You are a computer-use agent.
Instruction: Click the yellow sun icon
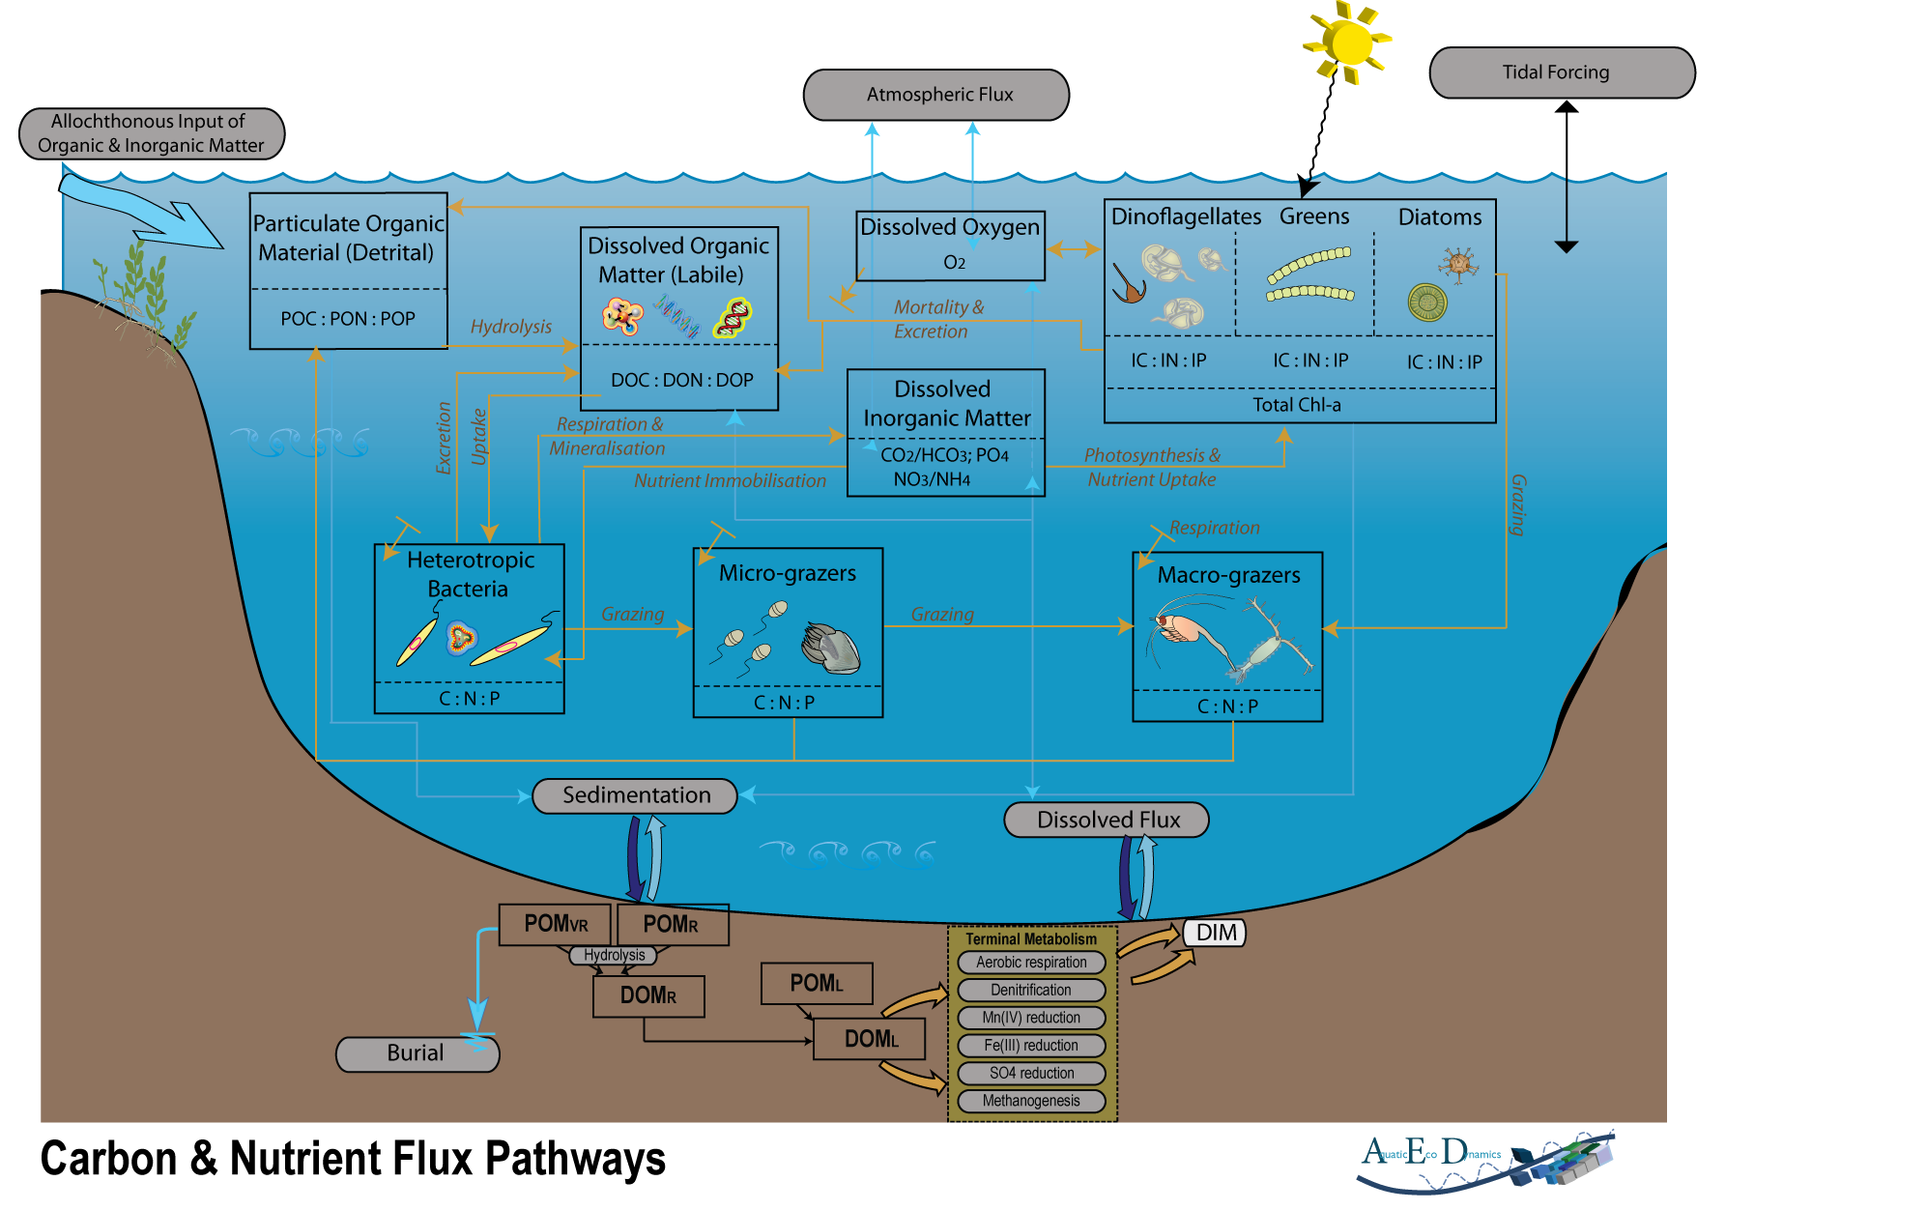pyautogui.click(x=1349, y=43)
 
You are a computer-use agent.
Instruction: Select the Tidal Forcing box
pyautogui.click(x=1562, y=72)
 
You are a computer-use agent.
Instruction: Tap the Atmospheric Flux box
pyautogui.click(x=936, y=95)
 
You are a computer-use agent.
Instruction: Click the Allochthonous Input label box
pyautogui.click(x=152, y=133)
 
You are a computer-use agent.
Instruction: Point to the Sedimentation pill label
pyautogui.click(x=635, y=795)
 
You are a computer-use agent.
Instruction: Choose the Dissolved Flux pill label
pyautogui.click(x=1107, y=820)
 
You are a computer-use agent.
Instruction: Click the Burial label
pyautogui.click(x=417, y=1053)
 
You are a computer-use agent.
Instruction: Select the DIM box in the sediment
pyautogui.click(x=1215, y=933)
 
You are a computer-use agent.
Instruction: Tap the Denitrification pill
pyautogui.click(x=1031, y=990)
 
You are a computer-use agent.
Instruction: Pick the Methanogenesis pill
pyautogui.click(x=1031, y=1101)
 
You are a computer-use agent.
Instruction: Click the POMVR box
pyautogui.click(x=555, y=924)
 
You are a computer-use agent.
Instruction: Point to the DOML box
pyautogui.click(x=870, y=1039)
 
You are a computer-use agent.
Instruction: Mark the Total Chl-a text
pyautogui.click(x=1297, y=405)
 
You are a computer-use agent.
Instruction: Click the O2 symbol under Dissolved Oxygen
pyautogui.click(x=954, y=263)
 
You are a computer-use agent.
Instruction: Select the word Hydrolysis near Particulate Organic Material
pyautogui.click(x=511, y=327)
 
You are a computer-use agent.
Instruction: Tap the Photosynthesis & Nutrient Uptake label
pyautogui.click(x=1152, y=467)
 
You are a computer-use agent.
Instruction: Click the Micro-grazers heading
pyautogui.click(x=788, y=573)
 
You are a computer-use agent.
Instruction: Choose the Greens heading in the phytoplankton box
pyautogui.click(x=1314, y=216)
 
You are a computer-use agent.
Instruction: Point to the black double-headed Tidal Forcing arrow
pyautogui.click(x=1567, y=177)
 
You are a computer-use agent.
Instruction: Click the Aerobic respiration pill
pyautogui.click(x=1031, y=963)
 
